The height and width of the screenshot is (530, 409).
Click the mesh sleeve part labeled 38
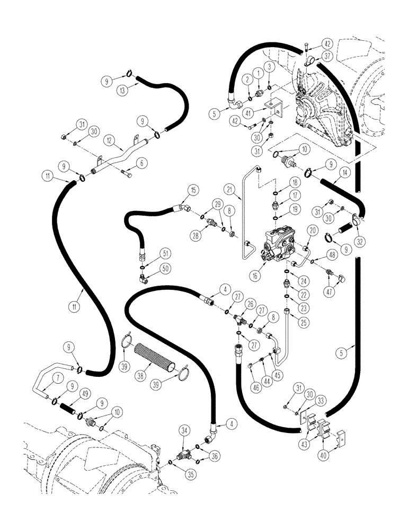[158, 367]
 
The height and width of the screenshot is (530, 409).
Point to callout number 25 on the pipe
[289, 321]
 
